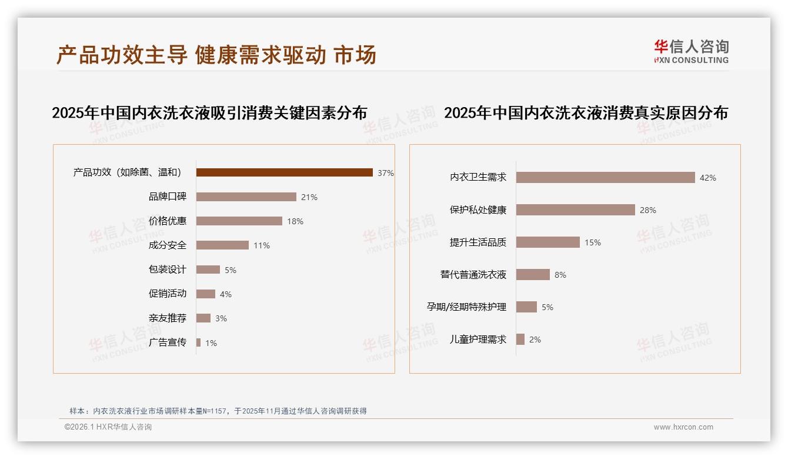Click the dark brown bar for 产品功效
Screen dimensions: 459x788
(284, 172)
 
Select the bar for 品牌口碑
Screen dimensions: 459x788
(246, 197)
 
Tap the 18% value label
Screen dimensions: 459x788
(295, 221)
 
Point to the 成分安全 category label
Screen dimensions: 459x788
(168, 245)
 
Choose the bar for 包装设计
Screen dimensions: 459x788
(208, 270)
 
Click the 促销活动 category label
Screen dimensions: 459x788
(168, 294)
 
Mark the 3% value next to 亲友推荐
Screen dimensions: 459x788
(221, 318)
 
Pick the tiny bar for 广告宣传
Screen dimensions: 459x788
(199, 342)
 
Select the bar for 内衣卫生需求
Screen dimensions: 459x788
(605, 178)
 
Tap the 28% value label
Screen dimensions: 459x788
(648, 210)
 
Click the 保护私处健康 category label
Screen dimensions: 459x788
(478, 210)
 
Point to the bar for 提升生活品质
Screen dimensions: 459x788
(547, 242)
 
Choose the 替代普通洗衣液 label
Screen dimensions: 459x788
(473, 275)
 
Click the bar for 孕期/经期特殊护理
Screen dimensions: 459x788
(526, 307)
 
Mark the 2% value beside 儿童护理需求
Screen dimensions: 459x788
(535, 340)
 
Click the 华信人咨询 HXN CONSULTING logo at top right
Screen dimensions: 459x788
(691, 52)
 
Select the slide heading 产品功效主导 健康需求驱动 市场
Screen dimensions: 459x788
(216, 55)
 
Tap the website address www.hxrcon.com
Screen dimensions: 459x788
(683, 427)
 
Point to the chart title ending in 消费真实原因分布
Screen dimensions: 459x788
(586, 112)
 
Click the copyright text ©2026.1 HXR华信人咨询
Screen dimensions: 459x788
(108, 427)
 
